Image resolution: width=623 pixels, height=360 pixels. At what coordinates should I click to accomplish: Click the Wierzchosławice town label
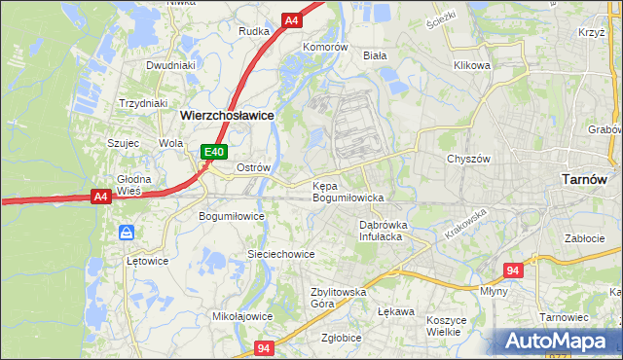click(x=227, y=115)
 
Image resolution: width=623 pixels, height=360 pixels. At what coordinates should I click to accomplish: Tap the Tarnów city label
click(x=585, y=179)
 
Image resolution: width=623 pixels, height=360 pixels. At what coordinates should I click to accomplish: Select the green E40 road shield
click(x=214, y=152)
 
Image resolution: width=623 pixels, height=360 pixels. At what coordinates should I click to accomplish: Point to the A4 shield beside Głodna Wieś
click(x=100, y=197)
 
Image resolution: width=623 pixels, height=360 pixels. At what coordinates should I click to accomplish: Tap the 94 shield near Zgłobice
click(x=263, y=347)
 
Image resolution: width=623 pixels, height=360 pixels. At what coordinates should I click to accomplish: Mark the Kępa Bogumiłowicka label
click(x=348, y=192)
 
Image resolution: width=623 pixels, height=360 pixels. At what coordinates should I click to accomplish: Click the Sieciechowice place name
click(x=280, y=254)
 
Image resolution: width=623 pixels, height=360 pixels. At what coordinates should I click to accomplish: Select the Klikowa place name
click(x=471, y=66)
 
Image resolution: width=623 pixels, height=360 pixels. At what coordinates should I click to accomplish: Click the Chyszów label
click(x=466, y=159)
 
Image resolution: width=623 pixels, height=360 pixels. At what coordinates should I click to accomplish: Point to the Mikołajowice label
click(x=242, y=316)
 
